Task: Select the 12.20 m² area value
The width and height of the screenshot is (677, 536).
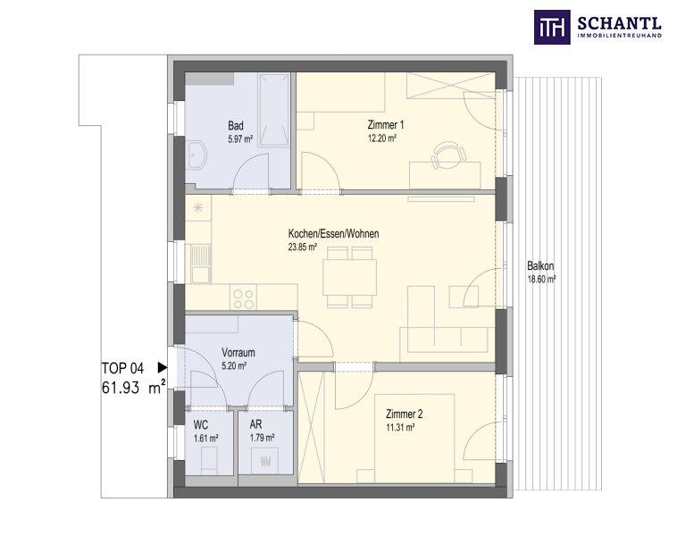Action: pyautogui.click(x=381, y=138)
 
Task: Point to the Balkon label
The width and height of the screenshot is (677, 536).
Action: pyautogui.click(x=540, y=266)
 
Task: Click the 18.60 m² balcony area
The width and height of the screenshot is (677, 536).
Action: pyautogui.click(x=541, y=279)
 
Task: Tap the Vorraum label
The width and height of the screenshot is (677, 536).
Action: pyautogui.click(x=238, y=353)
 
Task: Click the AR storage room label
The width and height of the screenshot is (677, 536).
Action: pyautogui.click(x=255, y=425)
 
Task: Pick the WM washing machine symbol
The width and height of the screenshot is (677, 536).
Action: pyautogui.click(x=266, y=461)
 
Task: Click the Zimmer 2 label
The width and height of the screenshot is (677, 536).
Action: pyautogui.click(x=405, y=414)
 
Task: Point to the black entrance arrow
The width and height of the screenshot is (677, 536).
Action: pyautogui.click(x=162, y=366)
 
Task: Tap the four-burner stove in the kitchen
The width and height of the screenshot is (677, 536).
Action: pyautogui.click(x=243, y=296)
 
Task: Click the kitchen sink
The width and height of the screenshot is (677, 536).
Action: pyautogui.click(x=198, y=262)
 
